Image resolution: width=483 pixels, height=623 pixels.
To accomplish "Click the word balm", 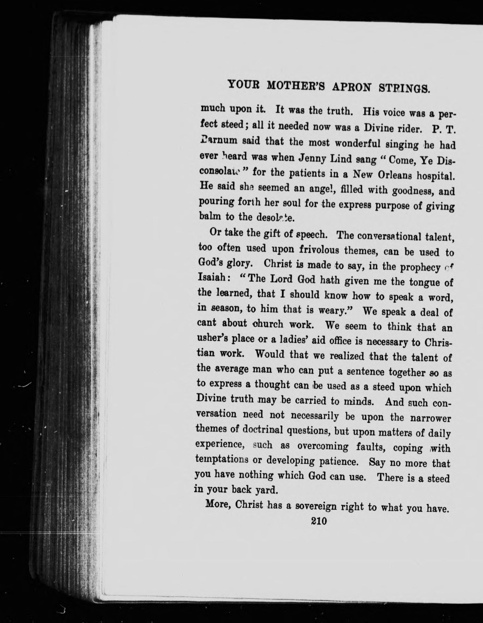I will [x=209, y=216].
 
